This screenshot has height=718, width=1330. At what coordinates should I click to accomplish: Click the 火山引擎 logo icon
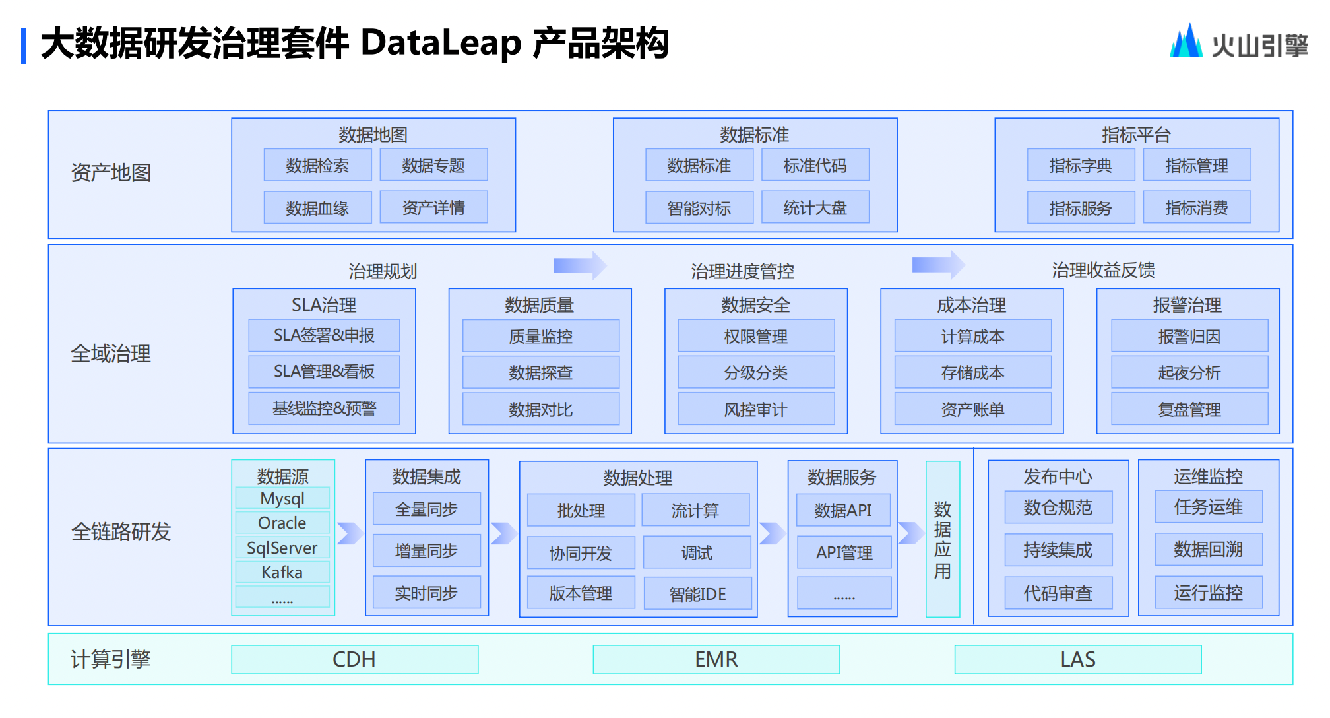point(1186,42)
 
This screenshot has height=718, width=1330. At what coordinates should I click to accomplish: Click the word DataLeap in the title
point(441,44)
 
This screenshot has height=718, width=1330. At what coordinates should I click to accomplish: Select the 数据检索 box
point(317,165)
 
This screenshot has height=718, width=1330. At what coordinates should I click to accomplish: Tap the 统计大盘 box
point(815,208)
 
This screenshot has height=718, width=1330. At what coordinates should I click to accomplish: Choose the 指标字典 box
point(1080,165)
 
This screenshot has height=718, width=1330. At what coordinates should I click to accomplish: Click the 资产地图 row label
point(111,173)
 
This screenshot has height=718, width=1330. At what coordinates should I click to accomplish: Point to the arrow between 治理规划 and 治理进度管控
point(579,265)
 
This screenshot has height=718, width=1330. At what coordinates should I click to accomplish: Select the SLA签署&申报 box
point(324,335)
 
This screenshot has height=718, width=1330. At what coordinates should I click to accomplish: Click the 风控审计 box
point(755,409)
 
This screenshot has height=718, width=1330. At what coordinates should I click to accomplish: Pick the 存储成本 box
point(972,372)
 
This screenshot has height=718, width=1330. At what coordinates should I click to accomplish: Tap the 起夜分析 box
point(1189,372)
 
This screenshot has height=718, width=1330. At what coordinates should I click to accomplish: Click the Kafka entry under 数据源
point(282,572)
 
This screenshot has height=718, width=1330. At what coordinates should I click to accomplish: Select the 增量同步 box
point(426,550)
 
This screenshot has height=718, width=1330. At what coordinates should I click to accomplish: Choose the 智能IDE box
point(697,593)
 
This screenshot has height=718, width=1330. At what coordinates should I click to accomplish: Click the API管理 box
point(844,552)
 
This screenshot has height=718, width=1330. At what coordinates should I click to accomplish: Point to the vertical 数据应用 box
point(942,539)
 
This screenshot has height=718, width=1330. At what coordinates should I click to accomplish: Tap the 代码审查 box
point(1058,593)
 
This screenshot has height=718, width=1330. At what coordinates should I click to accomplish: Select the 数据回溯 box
point(1208,549)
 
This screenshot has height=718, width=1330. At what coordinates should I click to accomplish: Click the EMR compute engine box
point(716,659)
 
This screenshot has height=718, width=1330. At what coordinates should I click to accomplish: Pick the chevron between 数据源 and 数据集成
point(350,533)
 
